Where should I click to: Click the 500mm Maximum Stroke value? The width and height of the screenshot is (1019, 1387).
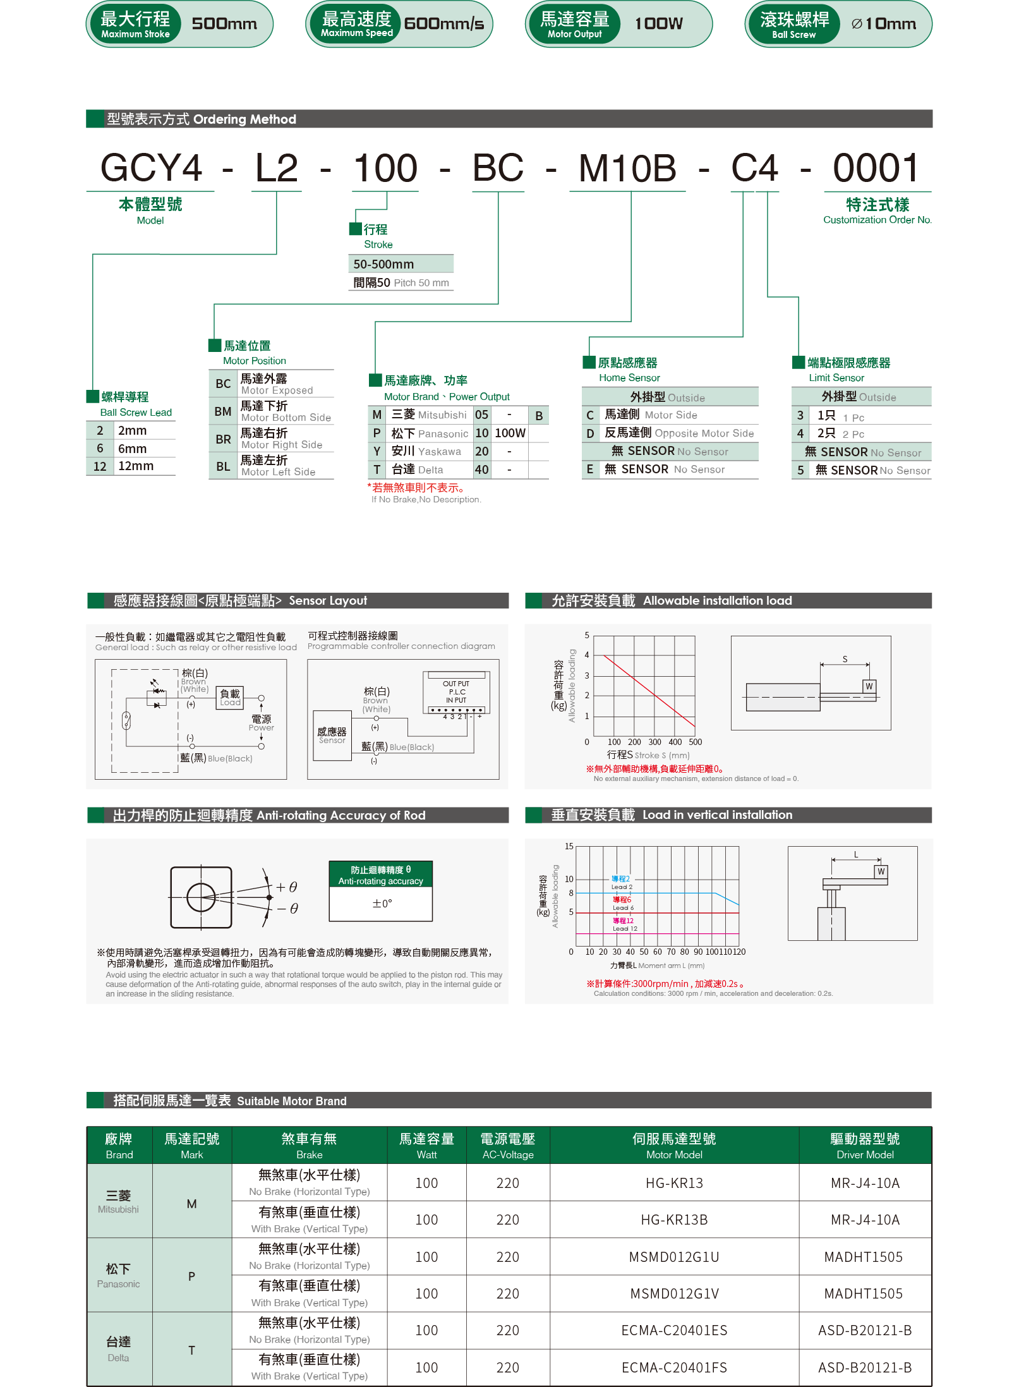point(224,24)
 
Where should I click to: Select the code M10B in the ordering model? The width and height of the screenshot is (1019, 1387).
point(627,169)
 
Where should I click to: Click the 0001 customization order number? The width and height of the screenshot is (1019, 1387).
point(876,169)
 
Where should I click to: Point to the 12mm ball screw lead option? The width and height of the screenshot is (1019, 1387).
point(135,466)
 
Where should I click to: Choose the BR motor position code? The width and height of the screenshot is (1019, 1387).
point(223,439)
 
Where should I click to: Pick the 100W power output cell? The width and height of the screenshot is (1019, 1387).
point(510,433)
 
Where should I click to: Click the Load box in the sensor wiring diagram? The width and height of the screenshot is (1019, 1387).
point(230,698)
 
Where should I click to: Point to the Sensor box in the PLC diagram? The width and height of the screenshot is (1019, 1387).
point(332,736)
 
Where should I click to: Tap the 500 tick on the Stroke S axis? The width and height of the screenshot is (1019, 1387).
point(695,742)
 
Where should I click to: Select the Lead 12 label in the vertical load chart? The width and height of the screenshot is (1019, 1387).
point(624,924)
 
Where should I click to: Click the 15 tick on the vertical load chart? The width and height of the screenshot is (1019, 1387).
point(569,847)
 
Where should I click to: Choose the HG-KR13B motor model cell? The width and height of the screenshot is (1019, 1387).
point(674,1220)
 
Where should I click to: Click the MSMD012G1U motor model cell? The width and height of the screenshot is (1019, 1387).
point(674,1257)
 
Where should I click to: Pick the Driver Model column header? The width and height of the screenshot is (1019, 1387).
point(865,1146)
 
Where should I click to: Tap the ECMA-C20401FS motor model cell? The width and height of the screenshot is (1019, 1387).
point(674,1368)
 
